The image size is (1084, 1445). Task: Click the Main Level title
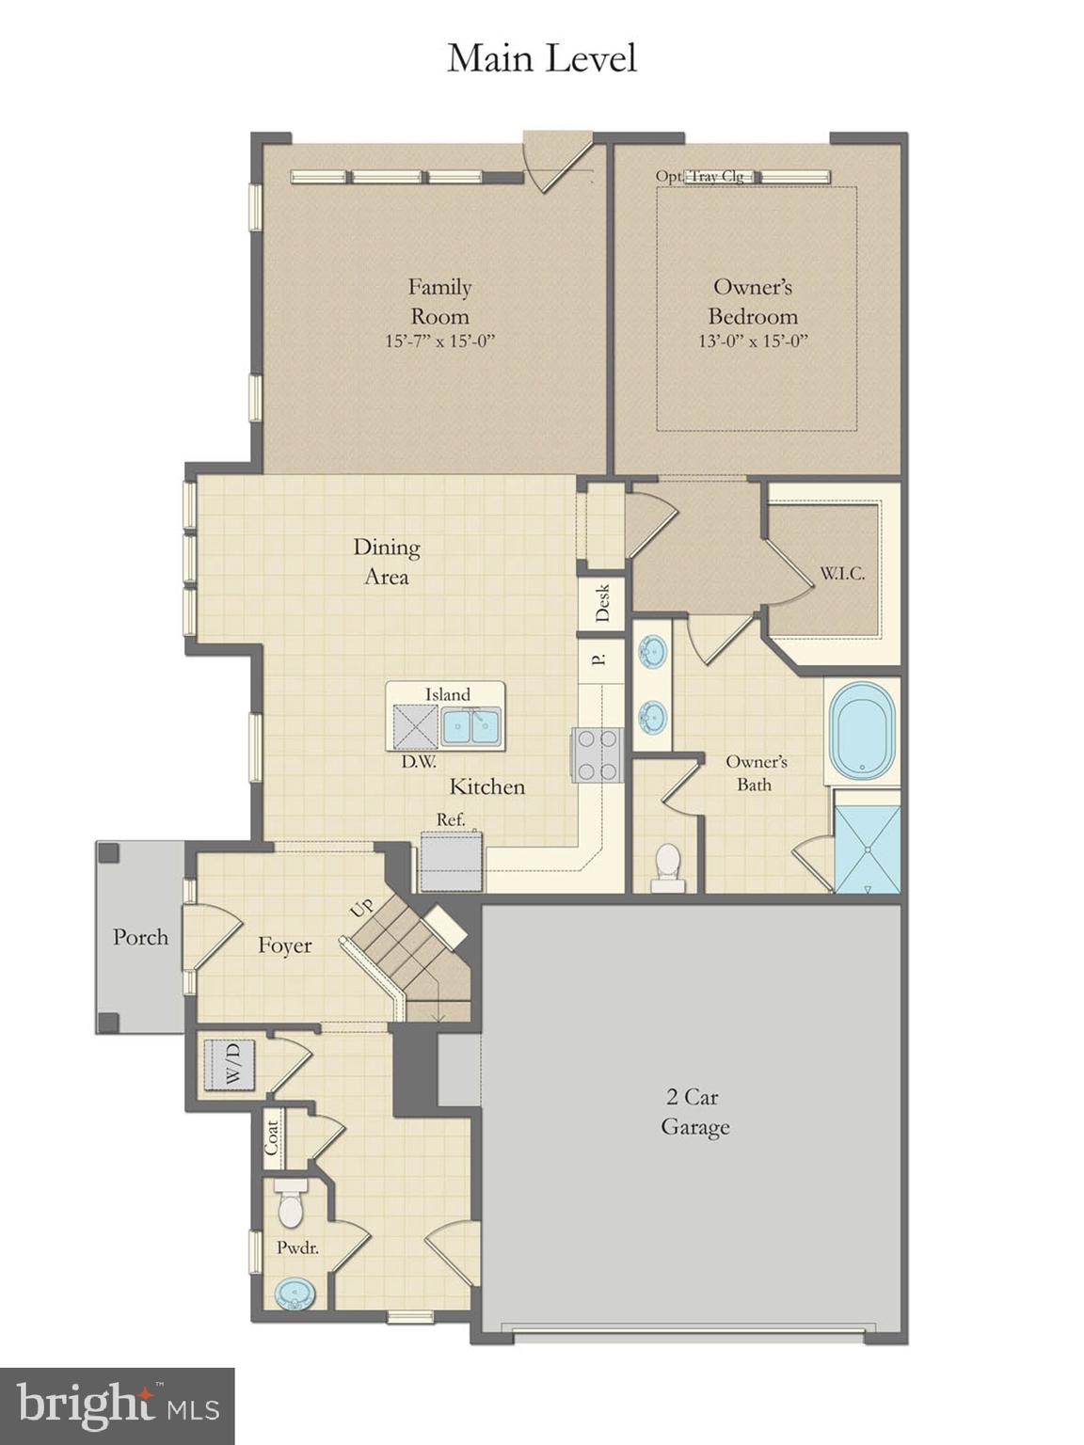pyautogui.click(x=542, y=58)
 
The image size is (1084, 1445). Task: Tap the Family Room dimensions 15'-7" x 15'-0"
pyautogui.click(x=439, y=341)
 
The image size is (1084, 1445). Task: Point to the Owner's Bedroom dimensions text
pyautogui.click(x=753, y=341)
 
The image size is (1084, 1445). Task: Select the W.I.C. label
pyautogui.click(x=841, y=573)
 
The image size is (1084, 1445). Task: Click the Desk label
pyautogui.click(x=603, y=602)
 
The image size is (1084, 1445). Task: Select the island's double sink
pyautogui.click(x=471, y=725)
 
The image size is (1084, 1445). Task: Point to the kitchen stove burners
pyautogui.click(x=597, y=755)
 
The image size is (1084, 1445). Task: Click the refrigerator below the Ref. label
pyautogui.click(x=451, y=861)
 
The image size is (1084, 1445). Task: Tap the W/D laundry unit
pyautogui.click(x=231, y=1064)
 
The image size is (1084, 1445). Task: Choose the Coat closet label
pyautogui.click(x=272, y=1136)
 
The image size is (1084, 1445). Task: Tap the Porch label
pyautogui.click(x=140, y=937)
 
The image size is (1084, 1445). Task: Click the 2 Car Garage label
pyautogui.click(x=694, y=1111)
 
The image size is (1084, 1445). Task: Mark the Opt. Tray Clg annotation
pyautogui.click(x=700, y=176)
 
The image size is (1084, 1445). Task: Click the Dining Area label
pyautogui.click(x=386, y=562)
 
